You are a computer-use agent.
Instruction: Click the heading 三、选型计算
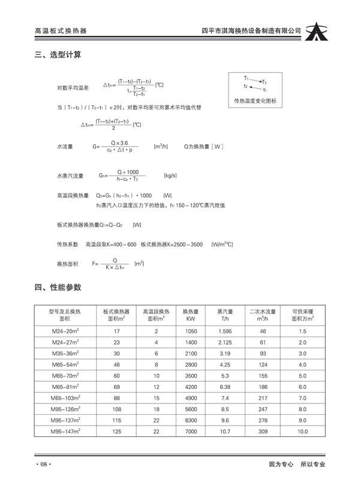pos(58,55)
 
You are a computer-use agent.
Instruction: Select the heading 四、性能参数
pos(58,288)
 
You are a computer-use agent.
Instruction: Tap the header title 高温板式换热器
pos(61,31)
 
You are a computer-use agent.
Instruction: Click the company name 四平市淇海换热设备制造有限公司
pos(251,31)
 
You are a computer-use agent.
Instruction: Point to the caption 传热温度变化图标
pos(256,101)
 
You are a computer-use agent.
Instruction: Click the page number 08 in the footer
pos(44,465)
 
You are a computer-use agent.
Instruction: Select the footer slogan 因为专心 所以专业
pos(296,465)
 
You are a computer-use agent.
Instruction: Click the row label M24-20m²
pos(65,331)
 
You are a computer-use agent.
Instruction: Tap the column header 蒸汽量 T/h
pos(225,315)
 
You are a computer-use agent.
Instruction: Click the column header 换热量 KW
pos(191,315)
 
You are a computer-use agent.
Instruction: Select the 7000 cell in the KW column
pos(191,431)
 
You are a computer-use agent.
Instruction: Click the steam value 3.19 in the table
pos(225,354)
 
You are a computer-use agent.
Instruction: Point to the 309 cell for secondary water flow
pos(262,431)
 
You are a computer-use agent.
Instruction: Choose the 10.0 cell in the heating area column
pos(302,431)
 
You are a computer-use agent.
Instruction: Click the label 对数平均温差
pos(73,88)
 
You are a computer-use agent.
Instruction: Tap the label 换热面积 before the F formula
pos(68,264)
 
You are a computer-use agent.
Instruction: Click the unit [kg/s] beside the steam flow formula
pos(170,175)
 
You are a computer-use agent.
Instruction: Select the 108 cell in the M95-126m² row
pos(117,409)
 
